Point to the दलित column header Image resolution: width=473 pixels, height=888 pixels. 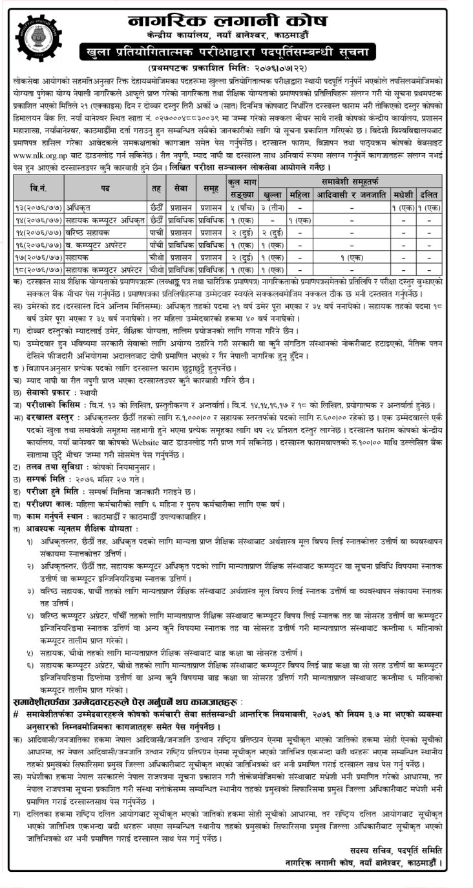coord(429,193)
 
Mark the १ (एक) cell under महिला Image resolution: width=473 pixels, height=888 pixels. coord(300,219)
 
